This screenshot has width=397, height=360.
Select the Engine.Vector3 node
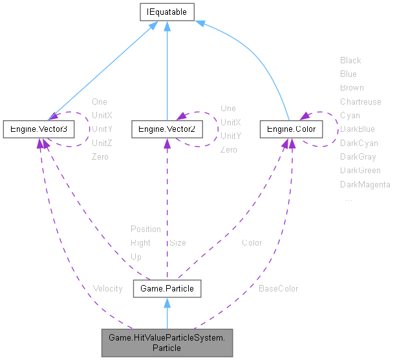(39, 129)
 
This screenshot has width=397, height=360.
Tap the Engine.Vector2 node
(167, 129)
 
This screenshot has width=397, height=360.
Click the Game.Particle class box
(167, 288)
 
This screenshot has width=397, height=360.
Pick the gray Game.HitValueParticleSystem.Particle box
(166, 342)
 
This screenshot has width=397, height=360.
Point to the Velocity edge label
(107, 288)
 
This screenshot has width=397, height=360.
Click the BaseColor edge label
(278, 288)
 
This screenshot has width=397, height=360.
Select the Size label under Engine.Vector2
(177, 243)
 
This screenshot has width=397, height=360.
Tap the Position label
(145, 229)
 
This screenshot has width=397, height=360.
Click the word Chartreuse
(361, 101)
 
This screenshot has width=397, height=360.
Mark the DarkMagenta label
(365, 185)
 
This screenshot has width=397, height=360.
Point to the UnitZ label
(102, 143)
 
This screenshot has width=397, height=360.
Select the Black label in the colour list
(350, 60)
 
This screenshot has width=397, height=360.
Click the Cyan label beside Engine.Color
(350, 115)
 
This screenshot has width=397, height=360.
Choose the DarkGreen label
(360, 171)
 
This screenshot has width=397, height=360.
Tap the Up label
(136, 257)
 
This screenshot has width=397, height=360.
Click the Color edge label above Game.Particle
(252, 243)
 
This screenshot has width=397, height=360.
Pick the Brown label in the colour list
(352, 87)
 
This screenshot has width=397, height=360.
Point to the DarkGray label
(358, 156)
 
